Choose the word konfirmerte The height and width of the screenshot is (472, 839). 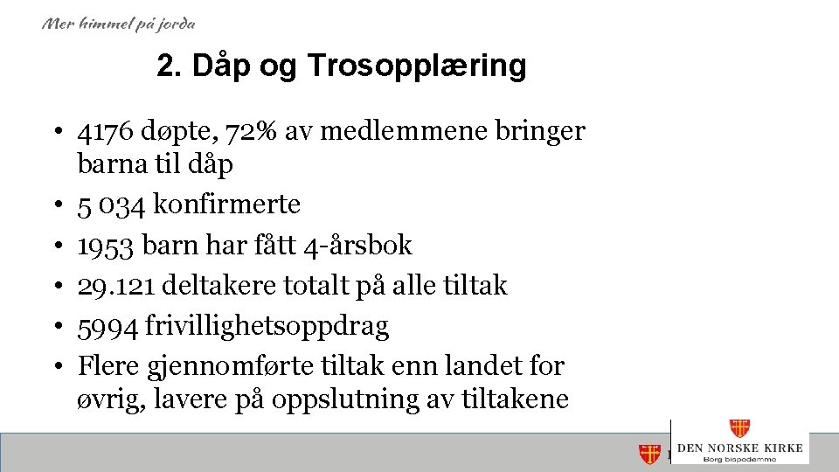tap(226, 205)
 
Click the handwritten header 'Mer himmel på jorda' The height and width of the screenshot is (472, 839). tap(119, 24)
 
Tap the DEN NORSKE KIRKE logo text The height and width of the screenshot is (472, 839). tap(740, 448)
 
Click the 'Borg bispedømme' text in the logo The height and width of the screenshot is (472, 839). tap(740, 458)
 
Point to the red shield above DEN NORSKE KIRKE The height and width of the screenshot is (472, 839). tap(739, 428)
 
